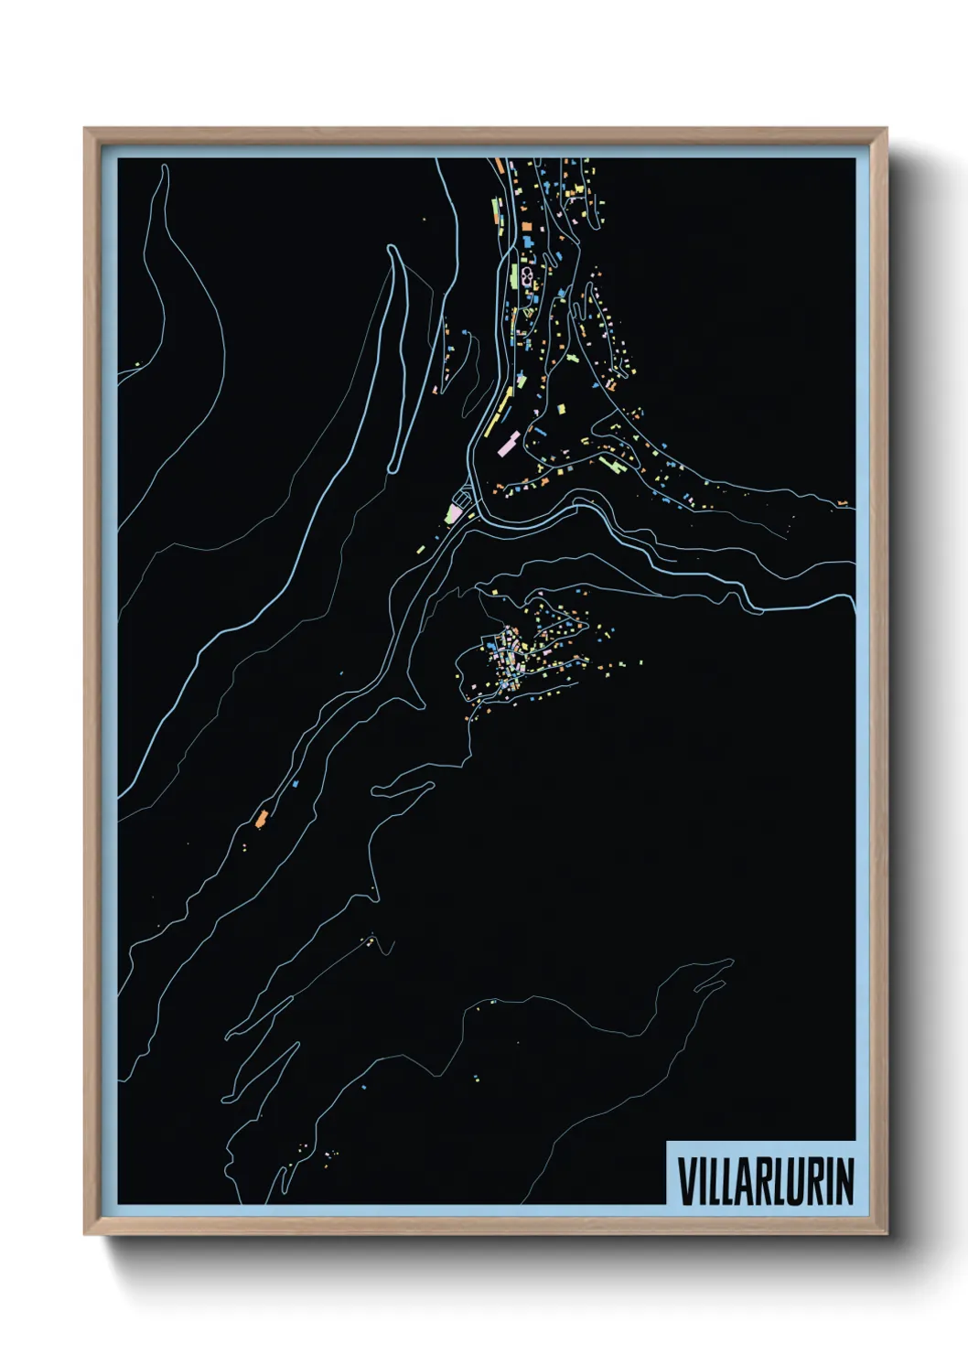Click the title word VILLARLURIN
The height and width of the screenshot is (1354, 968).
coord(765,1181)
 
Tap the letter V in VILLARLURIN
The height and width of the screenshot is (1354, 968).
coord(685,1181)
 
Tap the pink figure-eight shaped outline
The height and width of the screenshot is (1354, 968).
coord(527,271)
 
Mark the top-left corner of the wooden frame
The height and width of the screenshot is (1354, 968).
coord(85,129)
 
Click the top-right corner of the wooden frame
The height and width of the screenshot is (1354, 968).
coord(886,129)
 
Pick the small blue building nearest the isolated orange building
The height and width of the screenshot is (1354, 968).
coord(296,784)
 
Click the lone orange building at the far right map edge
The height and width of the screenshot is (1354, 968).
coord(842,503)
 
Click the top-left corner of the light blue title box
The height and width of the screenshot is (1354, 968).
coord(667,1142)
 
